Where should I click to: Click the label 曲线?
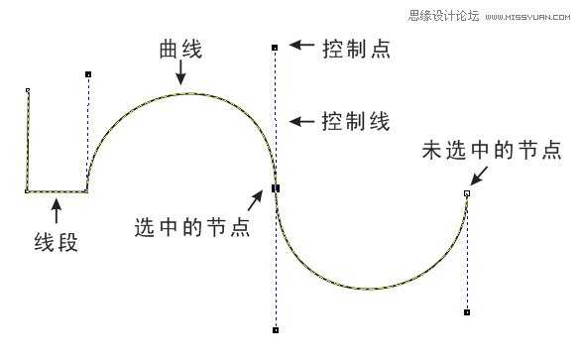[180, 51]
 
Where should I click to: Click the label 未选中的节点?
[492, 151]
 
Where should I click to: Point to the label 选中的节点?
[192, 226]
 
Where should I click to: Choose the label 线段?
[57, 241]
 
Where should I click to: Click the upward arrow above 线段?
[57, 209]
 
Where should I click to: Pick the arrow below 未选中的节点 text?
[480, 176]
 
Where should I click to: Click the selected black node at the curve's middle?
[276, 187]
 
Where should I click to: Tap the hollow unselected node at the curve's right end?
[467, 193]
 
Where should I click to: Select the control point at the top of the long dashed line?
[275, 47]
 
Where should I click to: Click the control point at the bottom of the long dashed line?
[275, 329]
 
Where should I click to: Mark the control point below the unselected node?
[467, 312]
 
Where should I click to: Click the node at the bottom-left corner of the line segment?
[27, 190]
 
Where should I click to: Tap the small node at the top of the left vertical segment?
[27, 90]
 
